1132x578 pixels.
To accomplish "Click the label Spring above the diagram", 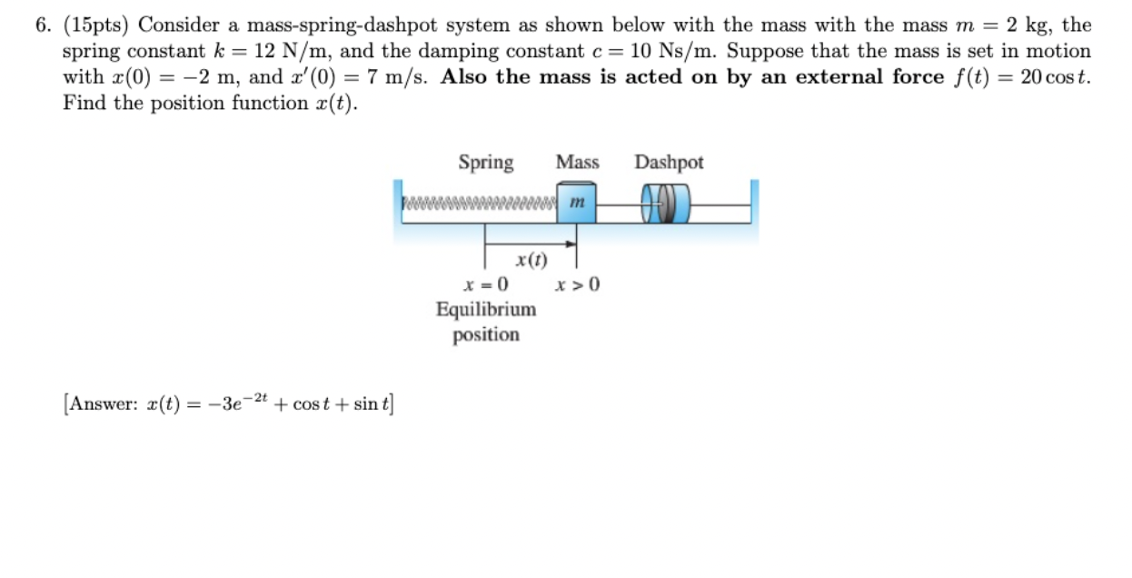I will coord(486,163).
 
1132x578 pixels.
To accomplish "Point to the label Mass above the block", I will coord(578,163).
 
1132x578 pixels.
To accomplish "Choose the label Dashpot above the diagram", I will coord(669,163).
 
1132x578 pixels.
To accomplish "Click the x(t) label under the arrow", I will coord(531,260).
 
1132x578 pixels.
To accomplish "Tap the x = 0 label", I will coord(486,285).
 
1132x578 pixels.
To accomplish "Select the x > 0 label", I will coord(578,285).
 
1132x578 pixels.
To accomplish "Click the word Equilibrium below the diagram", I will coord(486,309).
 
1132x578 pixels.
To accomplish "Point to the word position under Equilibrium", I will coord(486,334).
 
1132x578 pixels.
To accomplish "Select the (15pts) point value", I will coord(95,25).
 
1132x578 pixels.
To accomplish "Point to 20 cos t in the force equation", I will coord(1052,77).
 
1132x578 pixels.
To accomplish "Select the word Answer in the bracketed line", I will coord(102,403).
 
